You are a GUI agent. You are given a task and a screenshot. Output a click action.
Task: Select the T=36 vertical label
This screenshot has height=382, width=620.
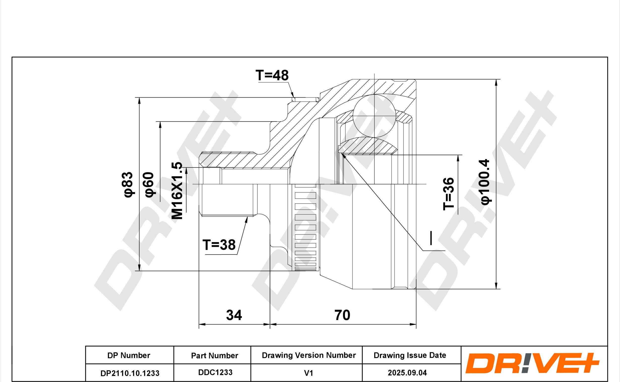click(449, 194)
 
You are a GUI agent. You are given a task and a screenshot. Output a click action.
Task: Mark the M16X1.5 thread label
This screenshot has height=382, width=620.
click(177, 191)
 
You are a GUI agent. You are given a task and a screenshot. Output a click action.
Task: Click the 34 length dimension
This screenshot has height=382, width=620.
click(234, 315)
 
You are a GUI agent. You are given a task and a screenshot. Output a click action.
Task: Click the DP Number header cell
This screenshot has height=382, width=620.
click(129, 355)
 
